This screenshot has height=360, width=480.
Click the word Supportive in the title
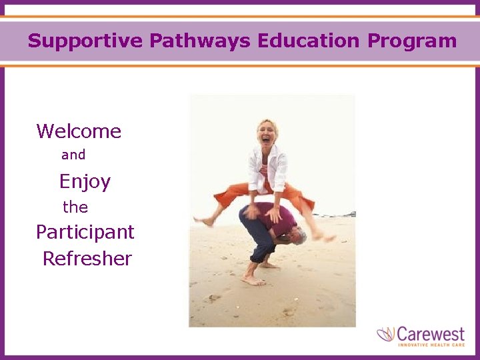[85, 41]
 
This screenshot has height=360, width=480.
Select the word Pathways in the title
[199, 41]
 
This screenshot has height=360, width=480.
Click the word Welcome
[79, 131]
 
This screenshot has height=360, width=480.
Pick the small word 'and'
[73, 155]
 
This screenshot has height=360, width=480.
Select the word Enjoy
[85, 181]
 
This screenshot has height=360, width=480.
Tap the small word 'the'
[75, 207]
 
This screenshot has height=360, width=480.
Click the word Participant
[85, 232]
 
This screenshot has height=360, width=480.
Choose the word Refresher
[87, 259]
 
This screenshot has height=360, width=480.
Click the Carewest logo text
[433, 333]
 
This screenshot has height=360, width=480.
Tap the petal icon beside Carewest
[386, 334]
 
